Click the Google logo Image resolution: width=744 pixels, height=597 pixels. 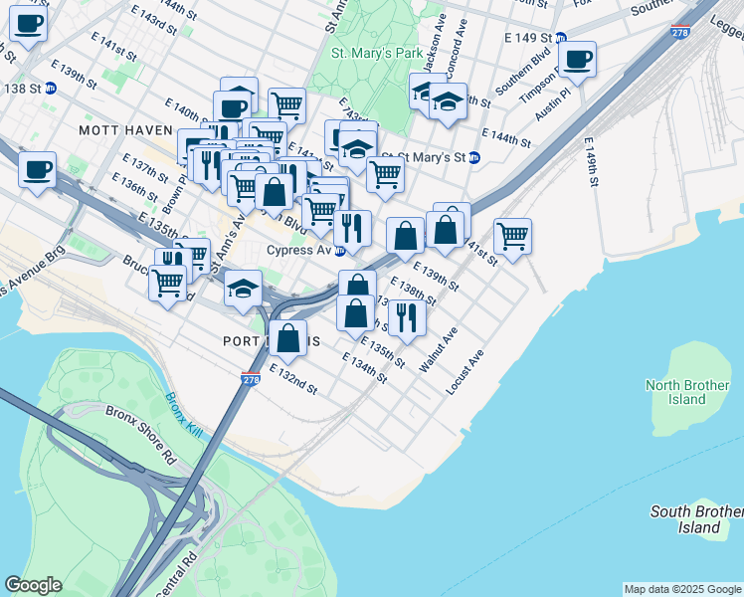coord(33,585)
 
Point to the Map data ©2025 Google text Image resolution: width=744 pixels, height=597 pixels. coord(682,589)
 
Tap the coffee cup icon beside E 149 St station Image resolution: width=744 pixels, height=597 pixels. coord(577,59)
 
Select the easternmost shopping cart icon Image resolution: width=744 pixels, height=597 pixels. coord(512,237)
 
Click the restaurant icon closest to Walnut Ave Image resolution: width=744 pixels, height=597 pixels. coord(407,317)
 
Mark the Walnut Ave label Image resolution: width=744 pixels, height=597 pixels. coord(438,349)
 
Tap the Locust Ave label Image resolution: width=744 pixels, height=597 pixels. coord(465,371)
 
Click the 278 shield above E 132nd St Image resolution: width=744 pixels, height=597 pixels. coord(250,379)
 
